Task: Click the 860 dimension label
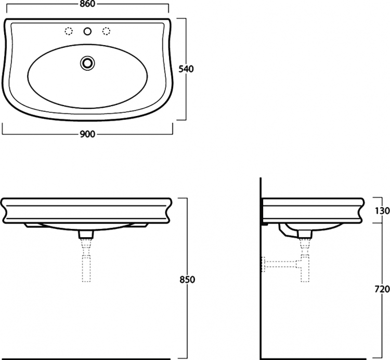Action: pos(88,4)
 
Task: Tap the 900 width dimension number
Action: pos(87,134)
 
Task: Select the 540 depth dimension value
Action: pos(186,69)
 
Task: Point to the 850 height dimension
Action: pos(187,280)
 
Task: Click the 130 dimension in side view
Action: pos(383,211)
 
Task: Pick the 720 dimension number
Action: pos(383,289)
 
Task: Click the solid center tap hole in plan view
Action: pos(87,31)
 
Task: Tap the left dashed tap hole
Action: pos(69,31)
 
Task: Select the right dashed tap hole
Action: pos(106,31)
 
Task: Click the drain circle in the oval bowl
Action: pos(87,63)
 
